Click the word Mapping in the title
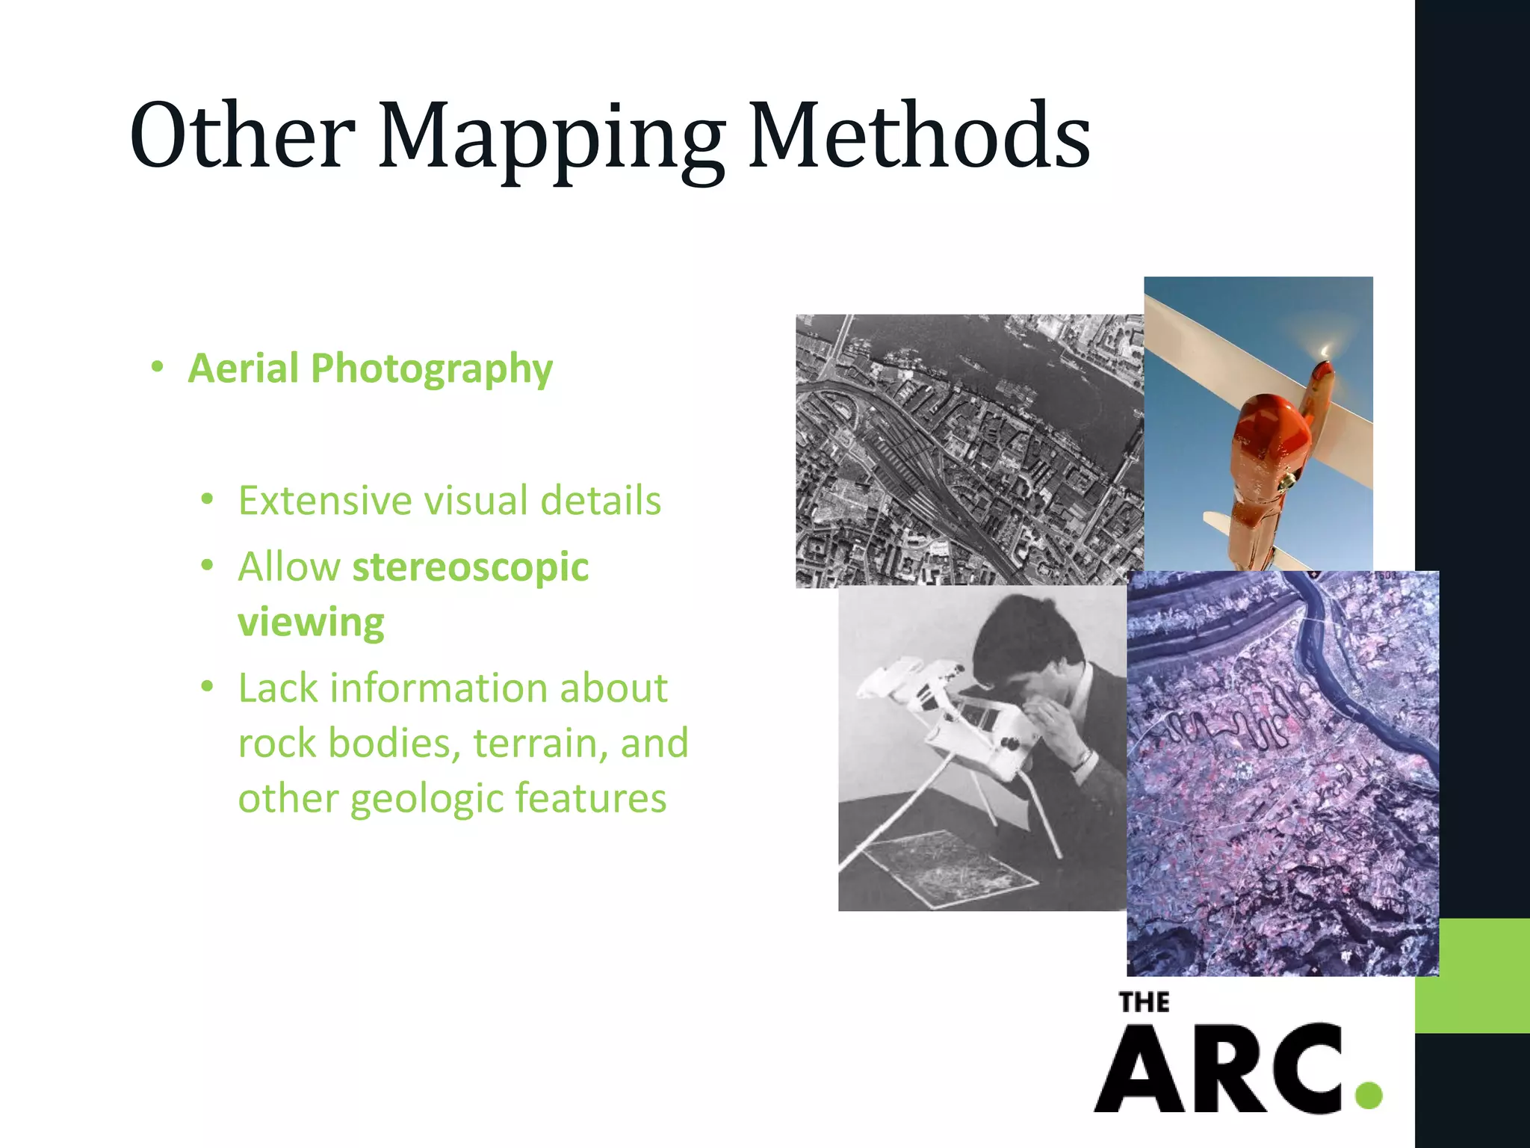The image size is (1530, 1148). pyautogui.click(x=551, y=138)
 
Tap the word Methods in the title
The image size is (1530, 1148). pyautogui.click(x=919, y=135)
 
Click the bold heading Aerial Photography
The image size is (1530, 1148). pyautogui.click(x=371, y=368)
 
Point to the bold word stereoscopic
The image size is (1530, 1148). pyautogui.click(x=471, y=567)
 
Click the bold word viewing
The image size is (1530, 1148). pyautogui.click(x=311, y=622)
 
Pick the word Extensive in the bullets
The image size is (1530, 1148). pyautogui.click(x=323, y=500)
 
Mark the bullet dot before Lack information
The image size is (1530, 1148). pyautogui.click(x=208, y=686)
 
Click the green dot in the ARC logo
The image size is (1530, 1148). pyautogui.click(x=1369, y=1095)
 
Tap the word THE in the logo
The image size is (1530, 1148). pyautogui.click(x=1144, y=1002)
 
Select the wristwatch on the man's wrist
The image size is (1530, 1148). pyautogui.click(x=1081, y=760)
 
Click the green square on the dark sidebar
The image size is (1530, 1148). pyautogui.click(x=1472, y=975)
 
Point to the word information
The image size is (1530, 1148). pyautogui.click(x=498, y=688)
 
